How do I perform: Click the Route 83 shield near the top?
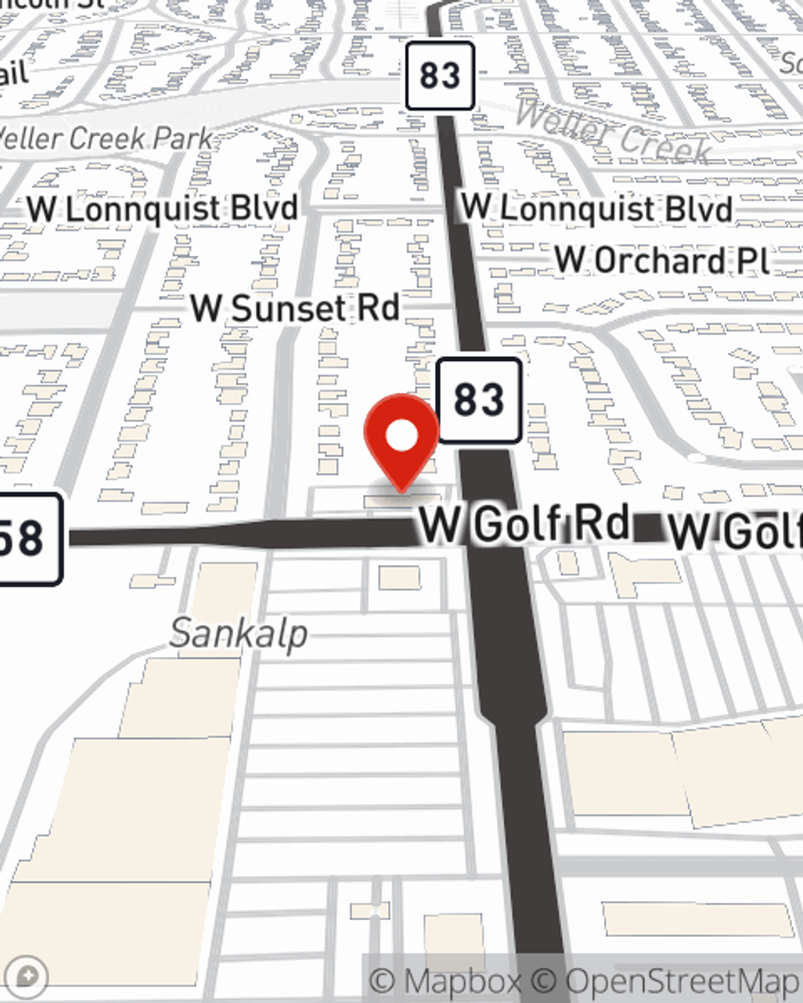coord(439,76)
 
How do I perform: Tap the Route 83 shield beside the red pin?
coord(479,400)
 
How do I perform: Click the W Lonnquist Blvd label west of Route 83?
coord(162,209)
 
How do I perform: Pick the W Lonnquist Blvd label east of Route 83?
coord(597,209)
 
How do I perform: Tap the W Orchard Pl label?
coord(662,260)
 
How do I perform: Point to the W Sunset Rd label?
coord(295,308)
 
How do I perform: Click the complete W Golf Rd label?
coord(524,524)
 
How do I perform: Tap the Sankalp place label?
coord(238,634)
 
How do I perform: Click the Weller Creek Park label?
coord(104,138)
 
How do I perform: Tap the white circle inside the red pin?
coord(401,437)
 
